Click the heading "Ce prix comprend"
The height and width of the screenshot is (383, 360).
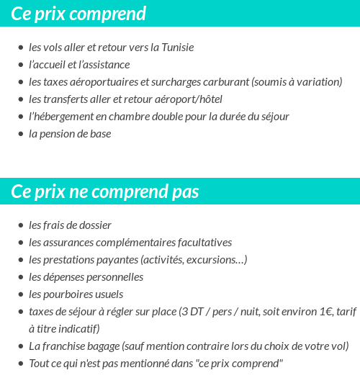[78, 14]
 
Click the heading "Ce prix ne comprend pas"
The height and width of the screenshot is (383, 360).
[105, 192]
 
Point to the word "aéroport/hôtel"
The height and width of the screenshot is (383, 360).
[189, 99]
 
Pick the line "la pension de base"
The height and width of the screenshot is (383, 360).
[70, 134]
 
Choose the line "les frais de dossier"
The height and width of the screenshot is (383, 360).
[70, 225]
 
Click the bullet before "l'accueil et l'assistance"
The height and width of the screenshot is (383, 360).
[20, 66]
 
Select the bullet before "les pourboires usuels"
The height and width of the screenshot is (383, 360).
[20, 295]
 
